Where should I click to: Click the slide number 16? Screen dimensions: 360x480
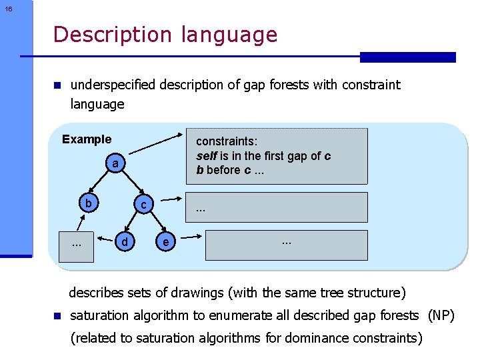click(7, 9)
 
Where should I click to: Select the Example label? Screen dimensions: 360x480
click(87, 139)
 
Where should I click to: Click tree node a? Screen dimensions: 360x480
click(115, 163)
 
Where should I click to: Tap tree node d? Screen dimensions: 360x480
click(124, 240)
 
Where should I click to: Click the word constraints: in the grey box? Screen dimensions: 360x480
click(227, 141)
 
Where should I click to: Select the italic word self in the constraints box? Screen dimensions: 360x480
click(207, 155)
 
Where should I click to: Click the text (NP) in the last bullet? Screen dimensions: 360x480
click(441, 315)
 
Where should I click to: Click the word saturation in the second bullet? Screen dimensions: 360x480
click(98, 315)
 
